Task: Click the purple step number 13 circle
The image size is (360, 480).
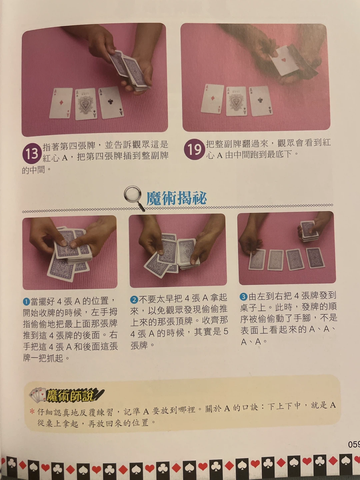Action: point(32,154)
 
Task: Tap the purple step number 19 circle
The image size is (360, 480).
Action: point(194,149)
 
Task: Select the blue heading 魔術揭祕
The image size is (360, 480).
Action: point(176,198)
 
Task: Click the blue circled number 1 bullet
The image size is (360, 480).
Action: point(26,302)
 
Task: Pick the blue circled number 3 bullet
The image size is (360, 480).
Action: point(243,297)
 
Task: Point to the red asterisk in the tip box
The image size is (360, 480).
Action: point(32,411)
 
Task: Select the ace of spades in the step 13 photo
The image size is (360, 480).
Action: point(86,104)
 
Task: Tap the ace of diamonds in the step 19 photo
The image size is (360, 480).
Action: point(212,99)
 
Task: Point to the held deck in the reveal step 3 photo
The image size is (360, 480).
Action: point(309,231)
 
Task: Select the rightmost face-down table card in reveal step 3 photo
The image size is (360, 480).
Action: point(315,258)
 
